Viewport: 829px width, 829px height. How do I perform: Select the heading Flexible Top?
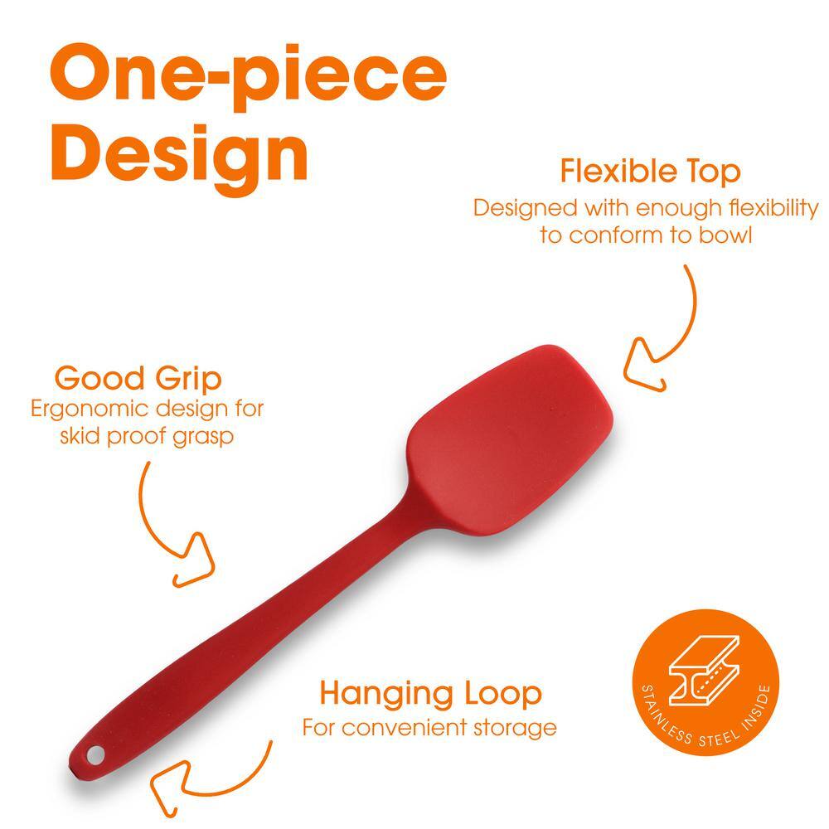click(650, 172)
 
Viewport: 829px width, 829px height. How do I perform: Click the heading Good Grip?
click(138, 379)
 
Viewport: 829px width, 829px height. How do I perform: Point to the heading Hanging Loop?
click(431, 694)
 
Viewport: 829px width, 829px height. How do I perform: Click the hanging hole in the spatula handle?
click(95, 754)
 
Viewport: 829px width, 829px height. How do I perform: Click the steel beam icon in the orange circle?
click(704, 671)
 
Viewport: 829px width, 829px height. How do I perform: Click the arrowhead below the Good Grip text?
click(196, 561)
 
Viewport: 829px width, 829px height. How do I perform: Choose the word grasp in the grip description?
click(204, 438)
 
